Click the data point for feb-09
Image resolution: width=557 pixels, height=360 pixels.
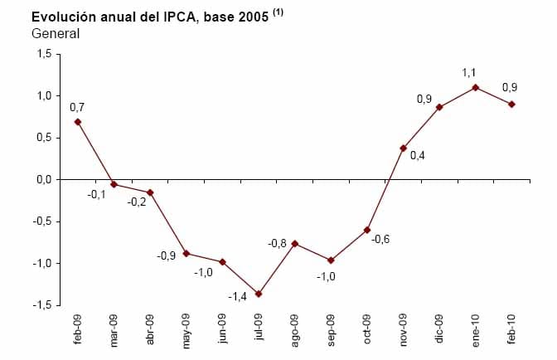pyautogui.click(x=78, y=122)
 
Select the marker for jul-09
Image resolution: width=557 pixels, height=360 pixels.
pyautogui.click(x=259, y=294)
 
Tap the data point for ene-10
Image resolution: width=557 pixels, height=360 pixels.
pyautogui.click(x=476, y=87)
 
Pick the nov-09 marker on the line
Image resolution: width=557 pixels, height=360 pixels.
pyautogui.click(x=404, y=148)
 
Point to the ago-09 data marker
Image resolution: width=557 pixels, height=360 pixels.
pyautogui.click(x=295, y=243)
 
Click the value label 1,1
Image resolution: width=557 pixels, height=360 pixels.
pyautogui.click(x=469, y=73)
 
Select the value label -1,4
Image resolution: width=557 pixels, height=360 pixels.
pyautogui.click(x=237, y=296)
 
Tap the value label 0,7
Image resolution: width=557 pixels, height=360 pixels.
pyautogui.click(x=77, y=107)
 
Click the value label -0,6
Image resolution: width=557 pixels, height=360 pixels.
pyautogui.click(x=380, y=239)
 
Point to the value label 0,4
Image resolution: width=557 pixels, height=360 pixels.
pyautogui.click(x=418, y=155)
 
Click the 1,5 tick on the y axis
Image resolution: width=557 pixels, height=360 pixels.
pyautogui.click(x=43, y=54)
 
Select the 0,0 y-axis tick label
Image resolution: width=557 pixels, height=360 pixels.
pyautogui.click(x=43, y=179)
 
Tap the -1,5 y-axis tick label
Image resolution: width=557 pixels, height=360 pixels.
pyautogui.click(x=41, y=305)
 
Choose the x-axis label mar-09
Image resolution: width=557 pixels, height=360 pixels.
pyautogui.click(x=114, y=328)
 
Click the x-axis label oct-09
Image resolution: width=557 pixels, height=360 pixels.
pyautogui.click(x=367, y=328)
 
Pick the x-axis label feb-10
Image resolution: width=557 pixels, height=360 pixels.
pyautogui.click(x=512, y=328)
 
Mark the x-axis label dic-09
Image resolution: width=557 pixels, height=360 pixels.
pyautogui.click(x=439, y=328)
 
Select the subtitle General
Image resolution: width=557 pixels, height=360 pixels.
pyautogui.click(x=56, y=34)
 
